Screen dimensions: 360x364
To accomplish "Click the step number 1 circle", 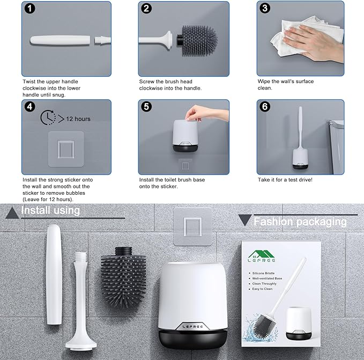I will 29,9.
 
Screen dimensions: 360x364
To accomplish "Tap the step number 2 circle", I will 147,9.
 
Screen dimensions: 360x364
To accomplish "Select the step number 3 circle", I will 264,9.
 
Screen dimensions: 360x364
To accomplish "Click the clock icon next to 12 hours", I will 48,117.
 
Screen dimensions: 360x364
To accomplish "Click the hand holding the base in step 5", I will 197,113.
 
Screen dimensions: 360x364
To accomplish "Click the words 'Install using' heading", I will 50,210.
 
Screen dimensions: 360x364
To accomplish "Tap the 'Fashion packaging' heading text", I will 300,221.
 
